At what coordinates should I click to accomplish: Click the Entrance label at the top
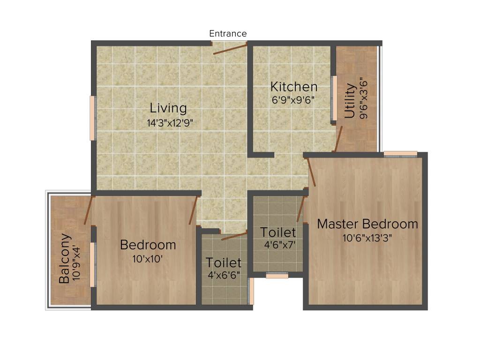coord(228,34)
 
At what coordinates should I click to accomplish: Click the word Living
coord(168,108)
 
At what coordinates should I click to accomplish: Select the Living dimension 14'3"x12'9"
coord(170,123)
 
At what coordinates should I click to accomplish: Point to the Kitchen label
coord(294,87)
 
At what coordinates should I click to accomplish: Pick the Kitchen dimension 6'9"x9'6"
coord(292,100)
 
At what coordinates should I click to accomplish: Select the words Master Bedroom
coord(367,224)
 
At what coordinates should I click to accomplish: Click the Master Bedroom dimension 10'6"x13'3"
coord(367,238)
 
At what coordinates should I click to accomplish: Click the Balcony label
coord(65,258)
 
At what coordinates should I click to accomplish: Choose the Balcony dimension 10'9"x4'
coord(78,260)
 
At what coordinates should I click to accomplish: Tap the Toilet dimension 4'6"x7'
coord(280,245)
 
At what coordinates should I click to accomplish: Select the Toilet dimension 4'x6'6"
coord(224,275)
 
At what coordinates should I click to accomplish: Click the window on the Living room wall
coord(93,118)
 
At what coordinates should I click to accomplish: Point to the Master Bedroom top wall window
coord(400,154)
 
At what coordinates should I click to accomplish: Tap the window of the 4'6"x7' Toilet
coord(277,276)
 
